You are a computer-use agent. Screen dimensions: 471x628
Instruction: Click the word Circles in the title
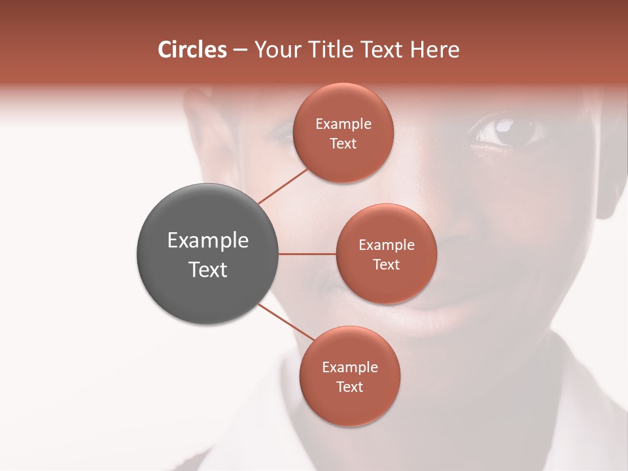click(192, 50)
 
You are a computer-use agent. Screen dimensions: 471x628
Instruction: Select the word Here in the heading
click(435, 50)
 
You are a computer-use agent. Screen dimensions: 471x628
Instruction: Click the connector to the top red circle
click(283, 186)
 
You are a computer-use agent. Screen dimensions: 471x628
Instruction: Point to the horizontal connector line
click(307, 254)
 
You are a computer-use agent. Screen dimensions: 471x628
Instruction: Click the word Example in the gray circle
click(208, 241)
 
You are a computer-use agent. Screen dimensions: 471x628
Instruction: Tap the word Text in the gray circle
click(208, 270)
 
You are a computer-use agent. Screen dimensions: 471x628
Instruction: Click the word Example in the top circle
click(343, 124)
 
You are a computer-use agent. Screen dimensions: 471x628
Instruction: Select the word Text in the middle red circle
click(386, 264)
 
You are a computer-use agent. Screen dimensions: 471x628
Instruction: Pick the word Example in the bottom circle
click(350, 368)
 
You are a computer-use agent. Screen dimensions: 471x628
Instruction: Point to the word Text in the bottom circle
click(349, 387)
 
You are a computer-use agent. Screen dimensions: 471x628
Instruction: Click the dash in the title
click(240, 50)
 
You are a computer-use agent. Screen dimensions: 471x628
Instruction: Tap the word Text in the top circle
click(343, 144)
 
